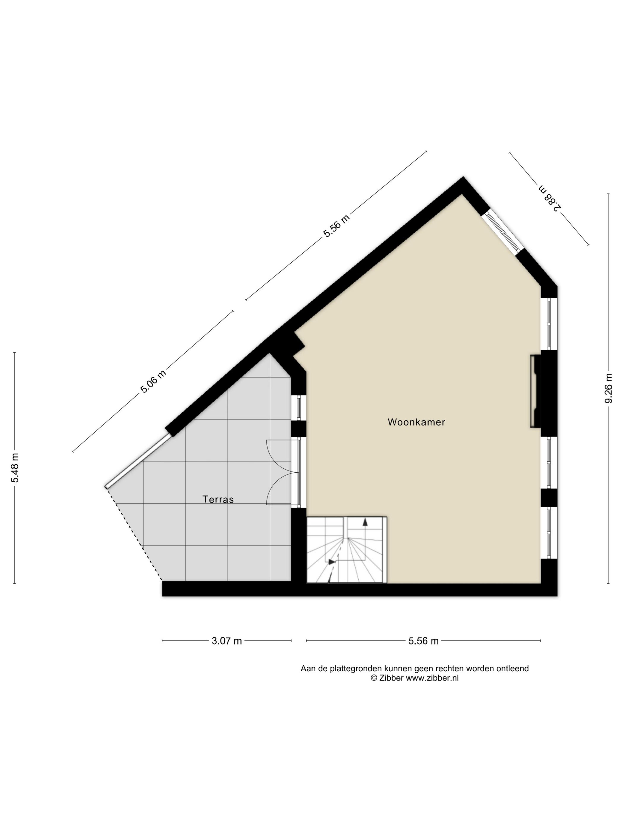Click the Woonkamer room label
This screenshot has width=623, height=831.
pos(416,422)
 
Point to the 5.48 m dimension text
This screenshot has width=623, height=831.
pos(15,468)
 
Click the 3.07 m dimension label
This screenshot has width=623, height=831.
pos(227,640)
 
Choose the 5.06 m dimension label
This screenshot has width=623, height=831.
pos(153,381)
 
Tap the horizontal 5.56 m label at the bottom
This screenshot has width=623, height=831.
pos(423,640)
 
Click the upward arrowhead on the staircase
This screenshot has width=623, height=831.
pos(365,522)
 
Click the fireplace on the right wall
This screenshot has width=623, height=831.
pos(535,391)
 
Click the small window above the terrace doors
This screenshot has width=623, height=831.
pos(299,407)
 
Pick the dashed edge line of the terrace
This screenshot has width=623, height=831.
pos(134,534)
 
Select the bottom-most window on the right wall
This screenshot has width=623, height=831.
pos(549,533)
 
